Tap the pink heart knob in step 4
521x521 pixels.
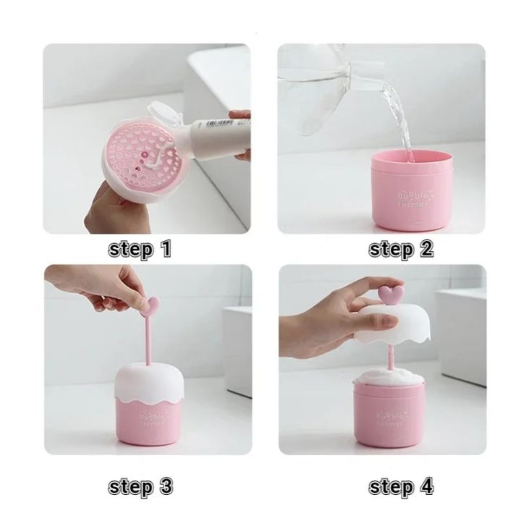(392, 292)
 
